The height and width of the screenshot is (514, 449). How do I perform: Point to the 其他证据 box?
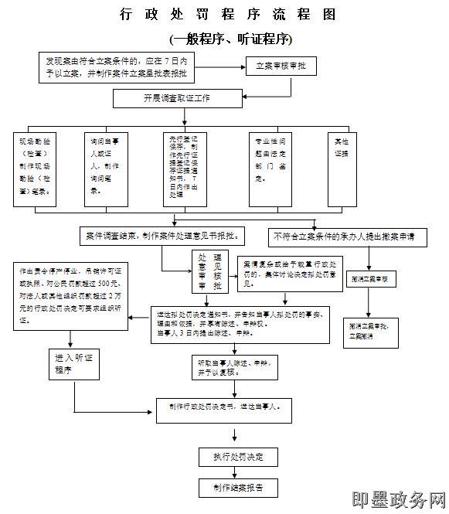point(341,168)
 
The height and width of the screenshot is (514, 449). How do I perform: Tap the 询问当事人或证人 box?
point(105,168)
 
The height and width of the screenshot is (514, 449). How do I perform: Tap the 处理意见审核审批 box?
point(210,272)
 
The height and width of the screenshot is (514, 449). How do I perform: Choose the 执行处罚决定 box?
point(239,457)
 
